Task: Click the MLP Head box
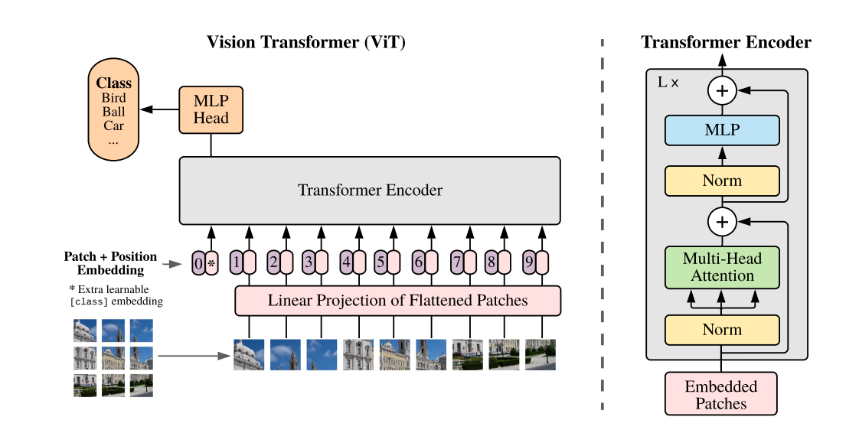[x=211, y=109]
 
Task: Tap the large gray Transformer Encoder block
[x=370, y=191]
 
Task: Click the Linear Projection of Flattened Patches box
[x=397, y=301]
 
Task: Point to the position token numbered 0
[x=198, y=263]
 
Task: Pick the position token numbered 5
[x=381, y=263]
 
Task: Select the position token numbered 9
[x=529, y=263]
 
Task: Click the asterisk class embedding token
[x=212, y=263]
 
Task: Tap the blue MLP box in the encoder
[x=722, y=130]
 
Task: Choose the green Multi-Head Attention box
[x=722, y=267]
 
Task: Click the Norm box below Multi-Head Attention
[x=722, y=330]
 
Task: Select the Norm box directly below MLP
[x=722, y=181]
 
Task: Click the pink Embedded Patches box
[x=720, y=394]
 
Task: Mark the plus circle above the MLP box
[x=721, y=91]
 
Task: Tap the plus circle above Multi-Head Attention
[x=721, y=222]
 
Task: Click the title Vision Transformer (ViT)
[x=306, y=42]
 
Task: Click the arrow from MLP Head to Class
[x=160, y=109]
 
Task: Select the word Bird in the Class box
[x=114, y=98]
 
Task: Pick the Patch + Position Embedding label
[x=110, y=263]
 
